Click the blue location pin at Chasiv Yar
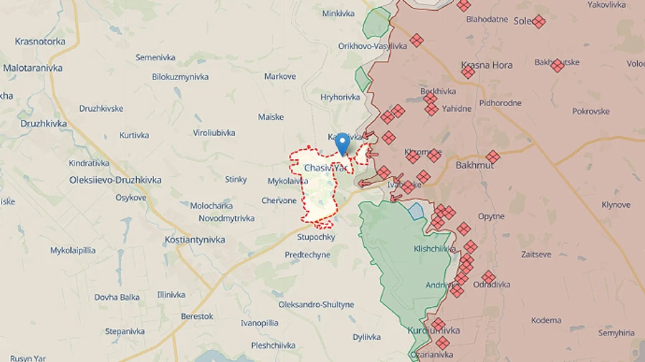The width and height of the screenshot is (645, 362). [343, 143]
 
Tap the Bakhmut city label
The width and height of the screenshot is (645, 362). [474, 165]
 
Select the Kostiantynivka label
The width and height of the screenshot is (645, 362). [194, 239]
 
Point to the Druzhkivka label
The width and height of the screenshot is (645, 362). [44, 123]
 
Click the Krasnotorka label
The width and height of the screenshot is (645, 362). [40, 42]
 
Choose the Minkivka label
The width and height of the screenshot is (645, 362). [338, 14]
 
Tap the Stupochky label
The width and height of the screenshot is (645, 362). [316, 237]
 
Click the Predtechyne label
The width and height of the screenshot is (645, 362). [307, 254]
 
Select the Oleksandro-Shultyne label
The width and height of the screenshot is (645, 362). [316, 305]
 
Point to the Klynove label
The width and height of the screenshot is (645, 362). [616, 205]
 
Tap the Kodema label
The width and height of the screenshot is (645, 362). [547, 320]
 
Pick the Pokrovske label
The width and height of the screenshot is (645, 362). [591, 111]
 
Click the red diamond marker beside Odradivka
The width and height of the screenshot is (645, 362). [489, 277]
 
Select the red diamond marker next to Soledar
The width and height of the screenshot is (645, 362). [539, 22]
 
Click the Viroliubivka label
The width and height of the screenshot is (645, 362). [214, 133]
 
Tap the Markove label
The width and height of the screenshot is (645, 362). [279, 77]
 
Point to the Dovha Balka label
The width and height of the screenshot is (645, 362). [117, 297]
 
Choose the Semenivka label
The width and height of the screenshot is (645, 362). [156, 57]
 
